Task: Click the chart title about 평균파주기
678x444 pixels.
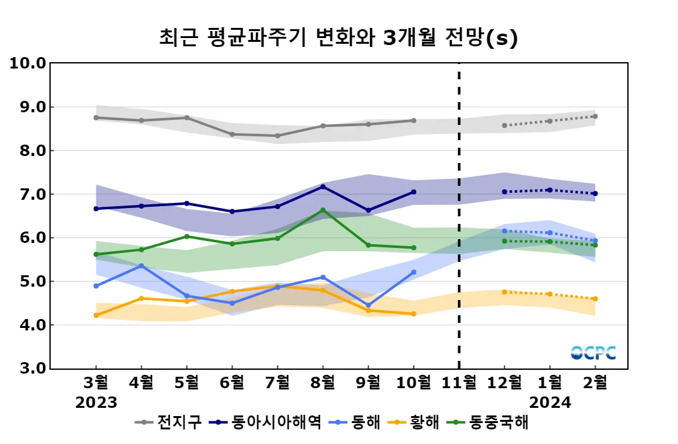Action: click(x=338, y=37)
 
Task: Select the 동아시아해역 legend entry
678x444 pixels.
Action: click(x=266, y=422)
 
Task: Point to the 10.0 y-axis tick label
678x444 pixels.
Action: click(x=28, y=63)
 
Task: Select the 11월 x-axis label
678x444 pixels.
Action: click(x=459, y=383)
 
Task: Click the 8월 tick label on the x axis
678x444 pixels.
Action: click(x=323, y=383)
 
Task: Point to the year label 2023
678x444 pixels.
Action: click(x=96, y=402)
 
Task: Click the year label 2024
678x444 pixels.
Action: click(x=550, y=402)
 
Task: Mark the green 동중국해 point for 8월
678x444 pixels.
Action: click(x=323, y=210)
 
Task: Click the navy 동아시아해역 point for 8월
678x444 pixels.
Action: click(x=323, y=186)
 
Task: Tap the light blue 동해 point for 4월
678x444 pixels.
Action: click(x=141, y=266)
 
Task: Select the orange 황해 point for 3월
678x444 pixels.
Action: click(x=96, y=315)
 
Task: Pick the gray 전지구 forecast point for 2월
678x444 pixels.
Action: click(x=595, y=117)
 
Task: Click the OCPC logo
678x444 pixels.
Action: click(x=593, y=353)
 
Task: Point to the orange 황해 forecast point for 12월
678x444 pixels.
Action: click(x=504, y=292)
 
